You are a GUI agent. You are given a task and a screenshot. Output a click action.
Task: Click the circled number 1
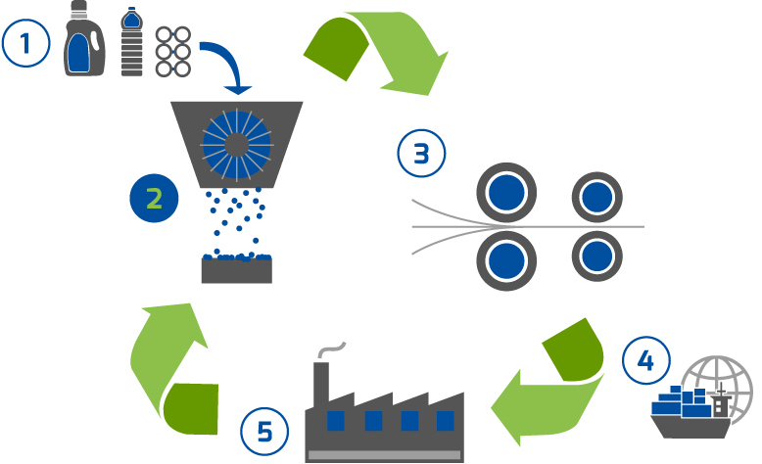coord(25,43)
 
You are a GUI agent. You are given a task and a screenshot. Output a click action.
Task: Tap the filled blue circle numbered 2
coord(154,199)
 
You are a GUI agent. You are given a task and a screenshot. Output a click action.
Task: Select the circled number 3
coord(421,153)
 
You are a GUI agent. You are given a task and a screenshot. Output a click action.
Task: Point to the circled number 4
coord(645,360)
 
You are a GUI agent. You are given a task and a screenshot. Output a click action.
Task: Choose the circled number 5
coord(264,431)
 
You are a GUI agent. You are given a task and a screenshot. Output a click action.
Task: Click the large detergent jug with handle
coord(85,38)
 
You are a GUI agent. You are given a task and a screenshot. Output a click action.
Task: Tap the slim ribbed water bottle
coord(131,42)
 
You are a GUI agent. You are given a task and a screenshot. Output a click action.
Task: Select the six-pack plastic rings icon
coord(173,52)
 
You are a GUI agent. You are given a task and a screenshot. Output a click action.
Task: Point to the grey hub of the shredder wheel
coord(237,145)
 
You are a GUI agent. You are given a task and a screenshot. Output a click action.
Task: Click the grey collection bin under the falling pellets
coord(237,270)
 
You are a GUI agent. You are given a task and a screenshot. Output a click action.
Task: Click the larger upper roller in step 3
coord(506,193)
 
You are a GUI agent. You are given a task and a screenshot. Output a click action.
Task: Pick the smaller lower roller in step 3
coord(596,256)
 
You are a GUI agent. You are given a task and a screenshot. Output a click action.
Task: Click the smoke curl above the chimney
coord(331,349)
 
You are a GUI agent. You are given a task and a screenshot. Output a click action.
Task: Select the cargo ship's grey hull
coord(691,427)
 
